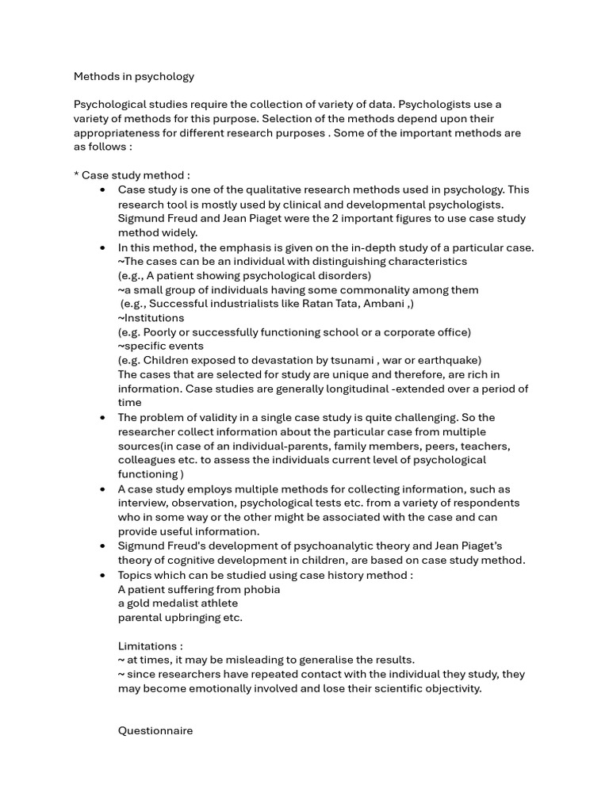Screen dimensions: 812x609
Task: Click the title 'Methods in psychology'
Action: coord(133,77)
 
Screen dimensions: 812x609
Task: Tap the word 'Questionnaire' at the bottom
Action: coord(155,731)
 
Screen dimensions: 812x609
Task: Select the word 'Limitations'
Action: coord(148,646)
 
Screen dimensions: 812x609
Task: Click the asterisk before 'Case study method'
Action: coord(77,175)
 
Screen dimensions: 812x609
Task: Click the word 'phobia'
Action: coord(261,589)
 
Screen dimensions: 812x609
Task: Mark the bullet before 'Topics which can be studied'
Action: coord(103,575)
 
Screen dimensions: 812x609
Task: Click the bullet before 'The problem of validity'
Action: coord(103,417)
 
